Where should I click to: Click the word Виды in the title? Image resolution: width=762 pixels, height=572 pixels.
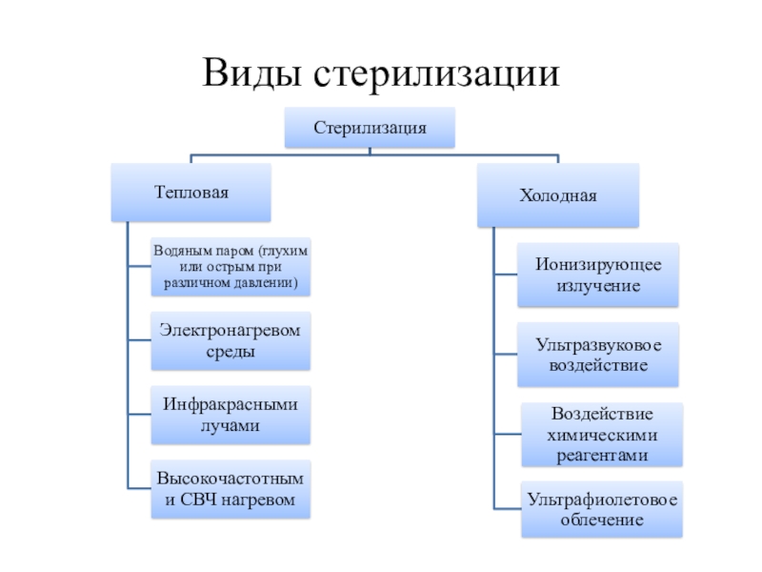(x=251, y=73)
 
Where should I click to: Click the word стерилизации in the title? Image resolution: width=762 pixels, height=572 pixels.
(x=436, y=73)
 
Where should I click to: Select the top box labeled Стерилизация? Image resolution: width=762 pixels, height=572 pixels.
(x=370, y=128)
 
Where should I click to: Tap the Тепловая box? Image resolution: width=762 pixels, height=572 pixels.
(x=191, y=193)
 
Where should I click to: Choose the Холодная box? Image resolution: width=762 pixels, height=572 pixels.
(x=558, y=195)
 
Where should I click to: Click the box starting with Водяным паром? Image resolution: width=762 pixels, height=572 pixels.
(x=231, y=267)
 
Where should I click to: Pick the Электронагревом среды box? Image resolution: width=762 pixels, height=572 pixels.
(x=231, y=340)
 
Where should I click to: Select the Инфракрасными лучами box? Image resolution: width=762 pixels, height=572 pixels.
(x=231, y=415)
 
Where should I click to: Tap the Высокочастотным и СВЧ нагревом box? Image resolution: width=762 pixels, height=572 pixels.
(x=231, y=489)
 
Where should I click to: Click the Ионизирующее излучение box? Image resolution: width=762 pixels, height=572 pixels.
(x=598, y=275)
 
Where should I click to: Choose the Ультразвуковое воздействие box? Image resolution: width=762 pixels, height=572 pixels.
(x=598, y=355)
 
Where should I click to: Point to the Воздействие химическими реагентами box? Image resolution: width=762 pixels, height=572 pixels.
(x=602, y=435)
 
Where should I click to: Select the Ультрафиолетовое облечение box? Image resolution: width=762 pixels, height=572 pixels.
(x=602, y=509)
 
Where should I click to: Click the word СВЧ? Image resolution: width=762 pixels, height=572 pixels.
(x=198, y=500)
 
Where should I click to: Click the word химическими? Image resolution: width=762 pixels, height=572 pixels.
(x=602, y=435)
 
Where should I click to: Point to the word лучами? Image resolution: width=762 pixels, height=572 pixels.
(x=231, y=425)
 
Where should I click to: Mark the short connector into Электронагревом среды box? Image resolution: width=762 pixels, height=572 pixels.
(x=139, y=340)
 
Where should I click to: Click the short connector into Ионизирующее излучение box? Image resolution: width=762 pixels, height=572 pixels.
(x=506, y=275)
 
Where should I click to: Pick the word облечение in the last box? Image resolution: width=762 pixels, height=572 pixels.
(x=602, y=520)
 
